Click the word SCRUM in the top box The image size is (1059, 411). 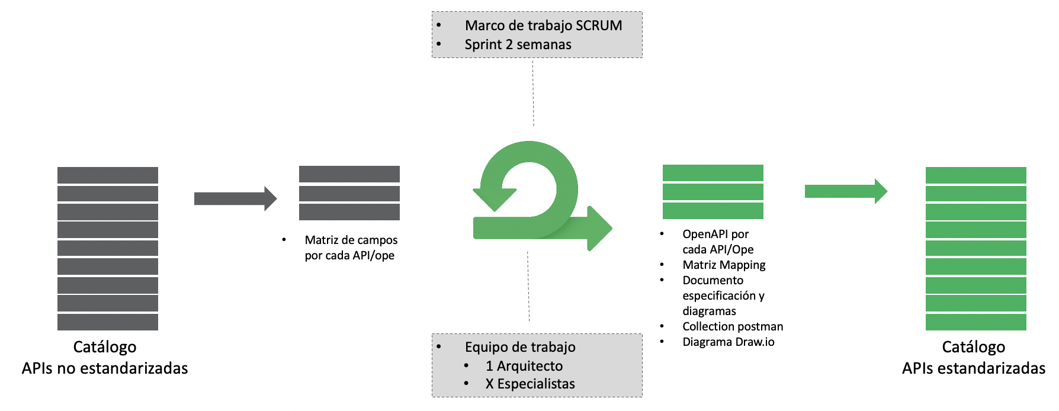tap(599, 25)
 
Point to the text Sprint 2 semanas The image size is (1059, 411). tap(518, 44)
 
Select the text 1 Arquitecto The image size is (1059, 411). tap(524, 366)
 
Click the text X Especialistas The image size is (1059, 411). tap(529, 384)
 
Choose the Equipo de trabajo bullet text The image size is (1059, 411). tap(519, 347)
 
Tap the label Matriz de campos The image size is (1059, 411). tap(351, 240)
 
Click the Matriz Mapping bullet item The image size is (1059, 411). tap(724, 265)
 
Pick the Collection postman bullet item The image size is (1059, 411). tap(732, 326)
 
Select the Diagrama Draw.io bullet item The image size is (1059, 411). tap(728, 342)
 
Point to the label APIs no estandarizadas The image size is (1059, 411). tap(105, 368)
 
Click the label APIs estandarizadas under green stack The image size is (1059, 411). tap(973, 368)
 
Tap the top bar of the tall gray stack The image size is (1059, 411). tap(108, 175)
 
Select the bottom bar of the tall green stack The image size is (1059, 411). tap(975, 322)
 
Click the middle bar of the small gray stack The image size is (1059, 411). tap(349, 194)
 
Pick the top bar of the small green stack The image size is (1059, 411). tap(713, 173)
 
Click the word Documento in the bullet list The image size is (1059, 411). tap(713, 280)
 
